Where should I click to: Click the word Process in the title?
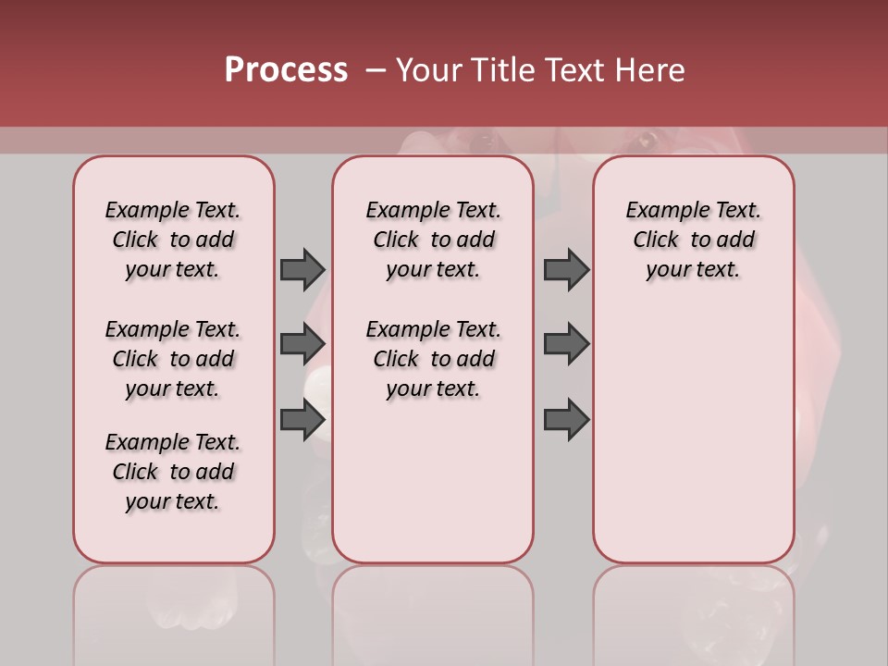coord(286,70)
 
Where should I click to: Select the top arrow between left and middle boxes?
coord(302,269)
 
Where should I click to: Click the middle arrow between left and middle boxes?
coord(302,344)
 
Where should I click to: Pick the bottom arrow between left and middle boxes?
coord(302,419)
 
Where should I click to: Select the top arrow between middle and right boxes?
coord(566,269)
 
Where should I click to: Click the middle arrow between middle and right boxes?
coord(566,344)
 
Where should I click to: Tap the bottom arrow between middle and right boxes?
coord(566,419)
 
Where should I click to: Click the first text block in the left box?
coord(173,240)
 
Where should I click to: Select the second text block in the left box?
coord(173,359)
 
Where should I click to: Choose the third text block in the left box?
coord(173,472)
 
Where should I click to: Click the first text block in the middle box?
coord(433,240)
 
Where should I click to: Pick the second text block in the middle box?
coord(433,359)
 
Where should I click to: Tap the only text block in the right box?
coord(693,240)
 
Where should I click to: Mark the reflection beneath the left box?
coord(173,610)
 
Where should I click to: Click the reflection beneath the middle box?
coord(433,610)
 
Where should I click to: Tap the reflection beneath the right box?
coord(693,610)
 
